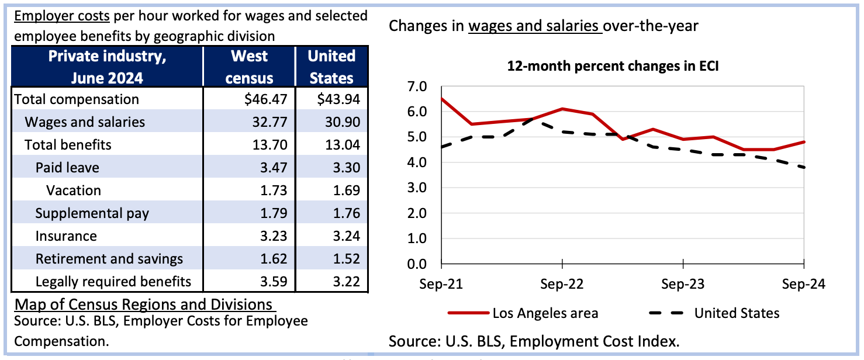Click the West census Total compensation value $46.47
(266, 99)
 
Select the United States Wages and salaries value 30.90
(343, 122)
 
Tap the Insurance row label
(66, 236)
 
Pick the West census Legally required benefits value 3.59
(274, 281)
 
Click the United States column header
(331, 67)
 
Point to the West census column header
(249, 67)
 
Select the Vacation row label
(73, 191)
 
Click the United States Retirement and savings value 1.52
(347, 259)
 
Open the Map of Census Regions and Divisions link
(145, 304)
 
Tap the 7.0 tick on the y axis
(417, 86)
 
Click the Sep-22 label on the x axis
(562, 284)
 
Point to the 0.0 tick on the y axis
(417, 264)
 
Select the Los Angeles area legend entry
(523, 313)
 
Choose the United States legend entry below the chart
(714, 313)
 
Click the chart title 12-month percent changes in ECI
(613, 66)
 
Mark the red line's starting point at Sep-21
(441, 99)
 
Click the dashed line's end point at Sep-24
(804, 167)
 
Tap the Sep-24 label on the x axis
(803, 284)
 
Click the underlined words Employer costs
(62, 16)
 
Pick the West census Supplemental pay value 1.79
(274, 213)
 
